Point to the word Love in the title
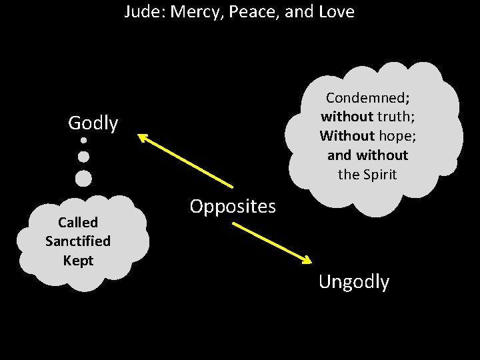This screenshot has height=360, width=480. (334, 12)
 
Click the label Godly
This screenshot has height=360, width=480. (93, 123)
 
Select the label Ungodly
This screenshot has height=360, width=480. (353, 282)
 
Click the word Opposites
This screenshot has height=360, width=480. (232, 207)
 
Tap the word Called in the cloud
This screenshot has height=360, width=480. (78, 222)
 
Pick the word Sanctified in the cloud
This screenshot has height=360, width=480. (78, 241)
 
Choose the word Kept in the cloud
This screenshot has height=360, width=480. (78, 260)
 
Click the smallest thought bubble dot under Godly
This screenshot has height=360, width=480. (83, 141)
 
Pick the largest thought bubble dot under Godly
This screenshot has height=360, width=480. (83, 178)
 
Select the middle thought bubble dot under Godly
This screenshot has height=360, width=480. (83, 157)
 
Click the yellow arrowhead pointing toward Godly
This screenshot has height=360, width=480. (143, 137)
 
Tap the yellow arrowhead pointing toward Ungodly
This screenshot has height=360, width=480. (308, 260)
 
